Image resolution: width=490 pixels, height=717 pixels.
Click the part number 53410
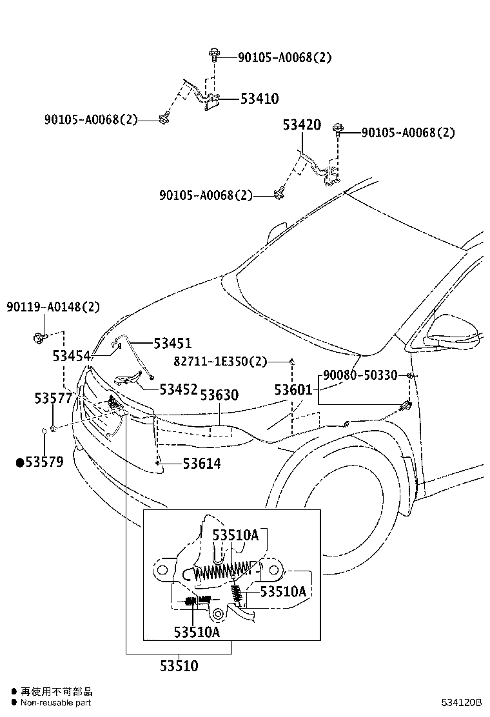pos(259,99)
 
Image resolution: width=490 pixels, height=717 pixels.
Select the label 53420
pos(301,125)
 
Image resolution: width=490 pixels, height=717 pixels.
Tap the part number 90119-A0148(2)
pos(54,307)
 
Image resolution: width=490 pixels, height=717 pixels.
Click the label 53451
pos(172,344)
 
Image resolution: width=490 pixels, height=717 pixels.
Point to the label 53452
pos(179,389)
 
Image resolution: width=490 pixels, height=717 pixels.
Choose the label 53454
pos(72,355)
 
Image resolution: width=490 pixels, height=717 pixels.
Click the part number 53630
pos(219,395)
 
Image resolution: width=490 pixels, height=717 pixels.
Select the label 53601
pos(293,390)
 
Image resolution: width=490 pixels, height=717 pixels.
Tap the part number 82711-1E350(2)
pos(220,362)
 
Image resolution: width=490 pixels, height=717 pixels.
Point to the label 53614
pos(201,463)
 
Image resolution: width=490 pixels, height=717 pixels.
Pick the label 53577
pos(54,399)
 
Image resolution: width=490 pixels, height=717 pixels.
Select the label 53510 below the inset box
pos(179,666)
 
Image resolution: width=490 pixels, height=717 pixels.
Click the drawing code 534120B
pos(462,702)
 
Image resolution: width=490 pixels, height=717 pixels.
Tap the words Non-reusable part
pos(55,703)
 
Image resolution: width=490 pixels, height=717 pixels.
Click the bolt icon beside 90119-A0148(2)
pos(37,336)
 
